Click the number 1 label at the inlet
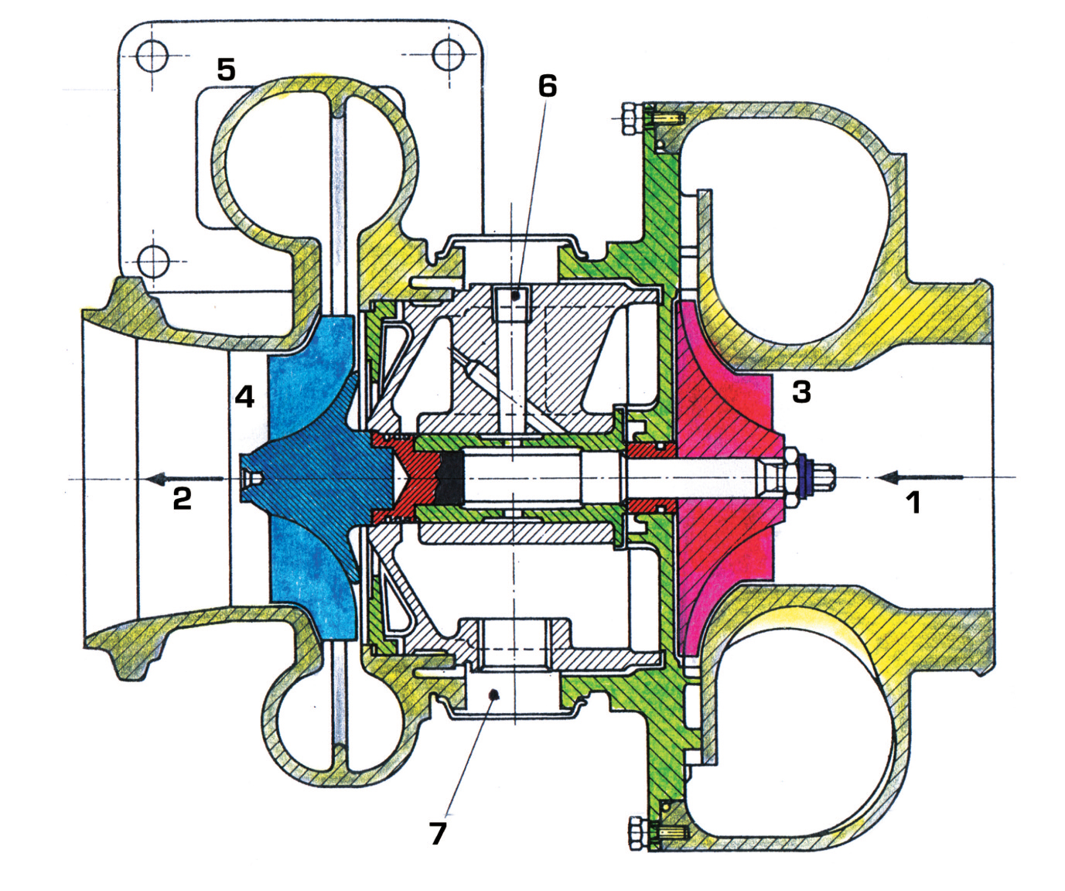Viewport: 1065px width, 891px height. [x=913, y=504]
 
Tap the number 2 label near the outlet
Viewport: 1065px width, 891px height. [x=182, y=498]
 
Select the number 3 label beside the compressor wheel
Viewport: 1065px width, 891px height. [x=801, y=392]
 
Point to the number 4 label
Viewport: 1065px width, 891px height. [x=244, y=397]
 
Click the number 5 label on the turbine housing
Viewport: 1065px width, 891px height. [x=225, y=70]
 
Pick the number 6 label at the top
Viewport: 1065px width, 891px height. [x=547, y=87]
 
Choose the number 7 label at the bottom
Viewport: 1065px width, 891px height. [x=438, y=833]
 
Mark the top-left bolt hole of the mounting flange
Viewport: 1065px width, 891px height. [x=152, y=56]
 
